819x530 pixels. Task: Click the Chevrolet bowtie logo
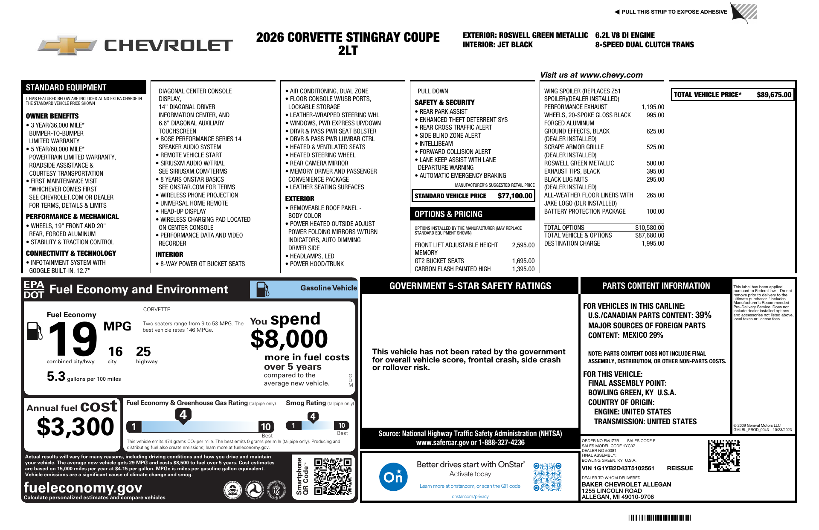point(67,45)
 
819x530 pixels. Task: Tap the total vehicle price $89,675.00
point(774,95)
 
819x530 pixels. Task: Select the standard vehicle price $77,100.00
point(515,196)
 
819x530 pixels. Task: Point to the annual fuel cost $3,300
point(76,427)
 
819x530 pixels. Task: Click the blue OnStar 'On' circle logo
point(393,477)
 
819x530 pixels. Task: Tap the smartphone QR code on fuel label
point(333,476)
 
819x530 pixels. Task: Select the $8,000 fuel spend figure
point(289,339)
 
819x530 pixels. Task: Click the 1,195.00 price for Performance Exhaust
point(653,107)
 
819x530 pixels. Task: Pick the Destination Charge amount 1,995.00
point(653,243)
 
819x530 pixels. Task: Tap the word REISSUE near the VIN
point(680,468)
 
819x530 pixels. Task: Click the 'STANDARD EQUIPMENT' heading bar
point(66,87)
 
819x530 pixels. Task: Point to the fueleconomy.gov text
point(83,487)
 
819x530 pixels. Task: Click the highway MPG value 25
point(143,352)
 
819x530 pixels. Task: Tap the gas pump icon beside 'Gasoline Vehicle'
point(263,289)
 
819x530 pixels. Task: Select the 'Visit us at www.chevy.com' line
point(591,75)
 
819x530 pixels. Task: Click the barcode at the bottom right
point(659,518)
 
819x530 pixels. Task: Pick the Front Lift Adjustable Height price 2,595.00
point(523,245)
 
